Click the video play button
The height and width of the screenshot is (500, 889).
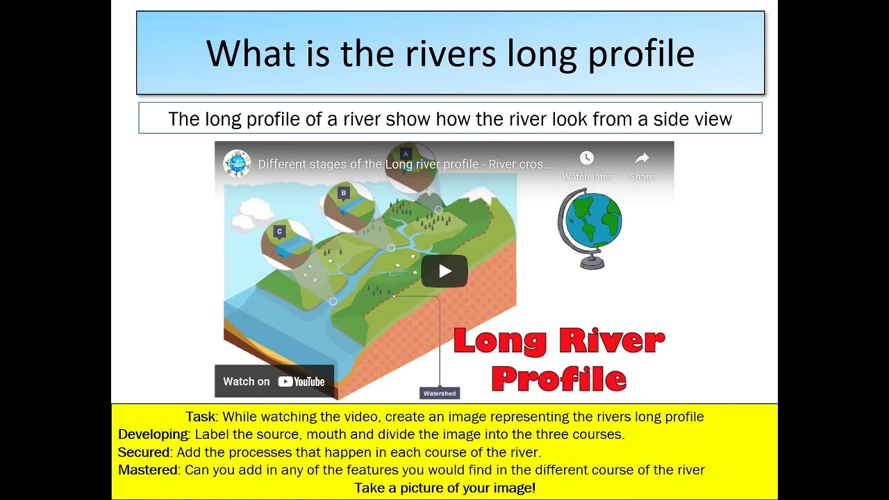[x=444, y=271]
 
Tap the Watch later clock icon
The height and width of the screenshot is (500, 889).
[x=587, y=158]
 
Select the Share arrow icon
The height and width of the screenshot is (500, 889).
[x=642, y=158]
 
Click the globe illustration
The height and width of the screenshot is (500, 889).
[x=590, y=228]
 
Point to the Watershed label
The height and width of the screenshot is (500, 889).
[x=440, y=393]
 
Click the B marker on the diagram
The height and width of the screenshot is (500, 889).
[x=343, y=193]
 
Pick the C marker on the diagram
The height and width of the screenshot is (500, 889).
[x=280, y=231]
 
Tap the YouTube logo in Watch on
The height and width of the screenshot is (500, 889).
[x=301, y=381]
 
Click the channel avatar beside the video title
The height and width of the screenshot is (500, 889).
[x=237, y=164]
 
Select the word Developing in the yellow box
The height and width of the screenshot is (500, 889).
[x=153, y=435]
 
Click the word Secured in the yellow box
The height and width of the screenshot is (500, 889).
[x=144, y=452]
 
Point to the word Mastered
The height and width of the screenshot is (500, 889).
[x=147, y=470]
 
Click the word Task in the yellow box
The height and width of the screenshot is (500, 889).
[x=201, y=417]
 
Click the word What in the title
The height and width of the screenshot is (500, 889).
[x=251, y=54]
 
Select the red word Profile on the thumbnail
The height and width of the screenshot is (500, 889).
[x=559, y=379]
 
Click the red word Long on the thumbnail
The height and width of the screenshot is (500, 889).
[x=499, y=341]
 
